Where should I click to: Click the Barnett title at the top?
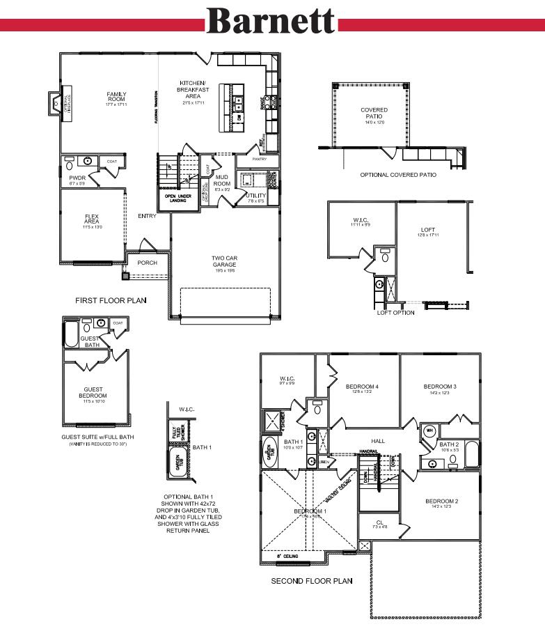click(x=271, y=22)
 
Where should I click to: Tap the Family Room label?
click(x=116, y=97)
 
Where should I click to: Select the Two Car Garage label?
click(x=224, y=261)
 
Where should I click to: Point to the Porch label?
click(x=147, y=263)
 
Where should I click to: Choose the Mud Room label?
click(x=221, y=180)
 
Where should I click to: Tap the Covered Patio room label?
click(x=374, y=114)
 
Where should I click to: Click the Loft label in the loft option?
click(x=427, y=229)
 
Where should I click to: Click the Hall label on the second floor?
click(x=378, y=441)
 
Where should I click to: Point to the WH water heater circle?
click(x=429, y=430)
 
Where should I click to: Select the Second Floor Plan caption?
click(x=311, y=580)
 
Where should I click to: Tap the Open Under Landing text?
click(x=180, y=199)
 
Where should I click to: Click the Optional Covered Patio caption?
click(x=397, y=175)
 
